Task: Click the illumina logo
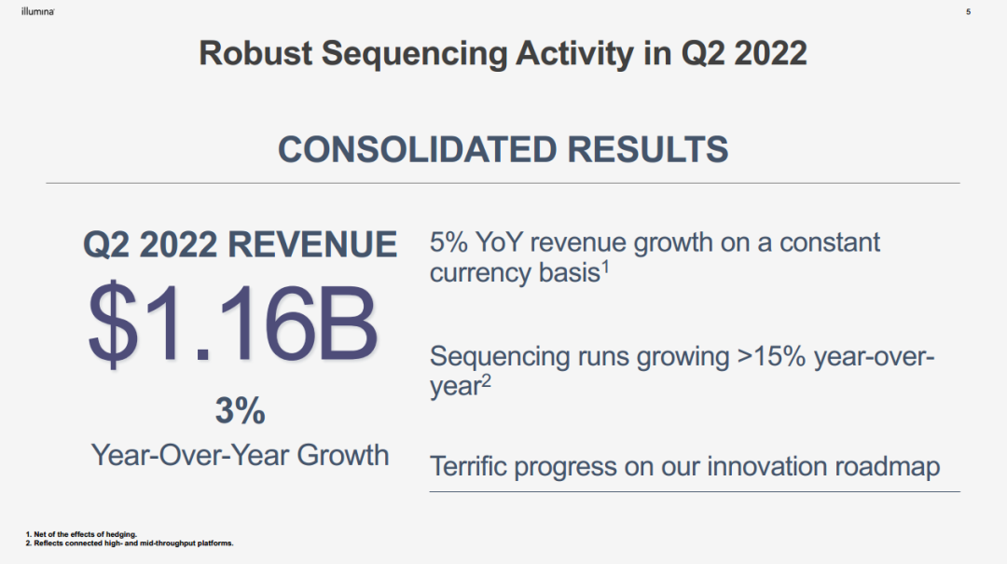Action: (x=38, y=11)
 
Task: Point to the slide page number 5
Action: (x=968, y=12)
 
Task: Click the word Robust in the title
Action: (x=255, y=53)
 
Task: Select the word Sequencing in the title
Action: (x=414, y=54)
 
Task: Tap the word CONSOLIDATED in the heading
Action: (x=417, y=149)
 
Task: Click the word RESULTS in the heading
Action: (x=647, y=149)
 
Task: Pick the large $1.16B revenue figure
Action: (x=232, y=324)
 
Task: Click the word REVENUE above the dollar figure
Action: (x=312, y=245)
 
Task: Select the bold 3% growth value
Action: (x=241, y=410)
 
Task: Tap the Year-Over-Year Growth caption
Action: (x=241, y=455)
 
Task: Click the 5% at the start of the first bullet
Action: (x=448, y=242)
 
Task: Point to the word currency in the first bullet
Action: (x=479, y=273)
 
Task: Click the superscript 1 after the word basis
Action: (x=605, y=267)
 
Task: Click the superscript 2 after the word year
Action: (x=486, y=380)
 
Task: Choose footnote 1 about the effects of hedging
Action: (x=81, y=534)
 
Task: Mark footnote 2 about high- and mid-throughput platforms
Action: (x=129, y=543)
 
